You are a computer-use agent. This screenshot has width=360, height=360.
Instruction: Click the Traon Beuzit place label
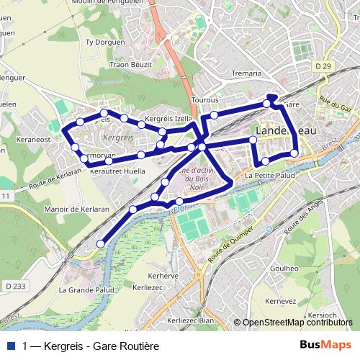(129, 64)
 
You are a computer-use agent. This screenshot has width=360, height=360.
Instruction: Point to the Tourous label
(205, 101)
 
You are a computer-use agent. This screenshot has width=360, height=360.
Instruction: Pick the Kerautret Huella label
(117, 171)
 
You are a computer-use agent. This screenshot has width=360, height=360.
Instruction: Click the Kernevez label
(281, 301)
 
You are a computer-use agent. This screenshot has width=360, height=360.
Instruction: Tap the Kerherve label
(163, 276)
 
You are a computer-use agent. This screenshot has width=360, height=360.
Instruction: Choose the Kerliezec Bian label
(191, 320)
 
